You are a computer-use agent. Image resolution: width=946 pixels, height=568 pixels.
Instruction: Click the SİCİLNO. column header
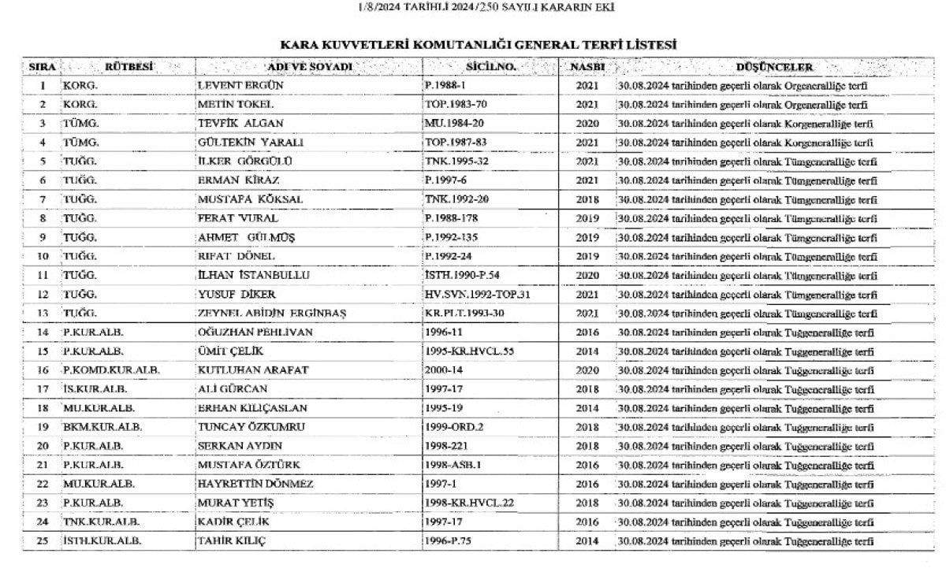tap(490, 67)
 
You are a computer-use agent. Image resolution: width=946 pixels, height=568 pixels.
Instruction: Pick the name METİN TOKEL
tap(235, 104)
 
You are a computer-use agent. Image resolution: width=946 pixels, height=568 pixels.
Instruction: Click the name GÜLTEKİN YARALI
tap(251, 143)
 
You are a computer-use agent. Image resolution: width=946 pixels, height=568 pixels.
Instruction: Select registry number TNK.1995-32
tap(457, 161)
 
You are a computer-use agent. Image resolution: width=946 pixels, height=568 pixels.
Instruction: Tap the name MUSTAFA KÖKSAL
tap(250, 200)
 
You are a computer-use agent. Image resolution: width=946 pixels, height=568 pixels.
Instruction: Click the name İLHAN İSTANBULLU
tap(253, 276)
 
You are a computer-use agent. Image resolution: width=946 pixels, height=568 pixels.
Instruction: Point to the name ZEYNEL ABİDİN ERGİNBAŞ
tap(272, 314)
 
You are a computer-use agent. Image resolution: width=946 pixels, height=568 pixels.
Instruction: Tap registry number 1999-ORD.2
tap(453, 427)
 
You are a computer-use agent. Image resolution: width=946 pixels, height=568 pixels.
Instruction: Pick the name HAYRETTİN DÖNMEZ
tap(255, 484)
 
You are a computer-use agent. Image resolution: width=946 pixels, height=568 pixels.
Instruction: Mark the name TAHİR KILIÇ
tap(232, 541)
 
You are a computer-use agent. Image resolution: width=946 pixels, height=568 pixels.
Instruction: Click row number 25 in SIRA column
tap(43, 541)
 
